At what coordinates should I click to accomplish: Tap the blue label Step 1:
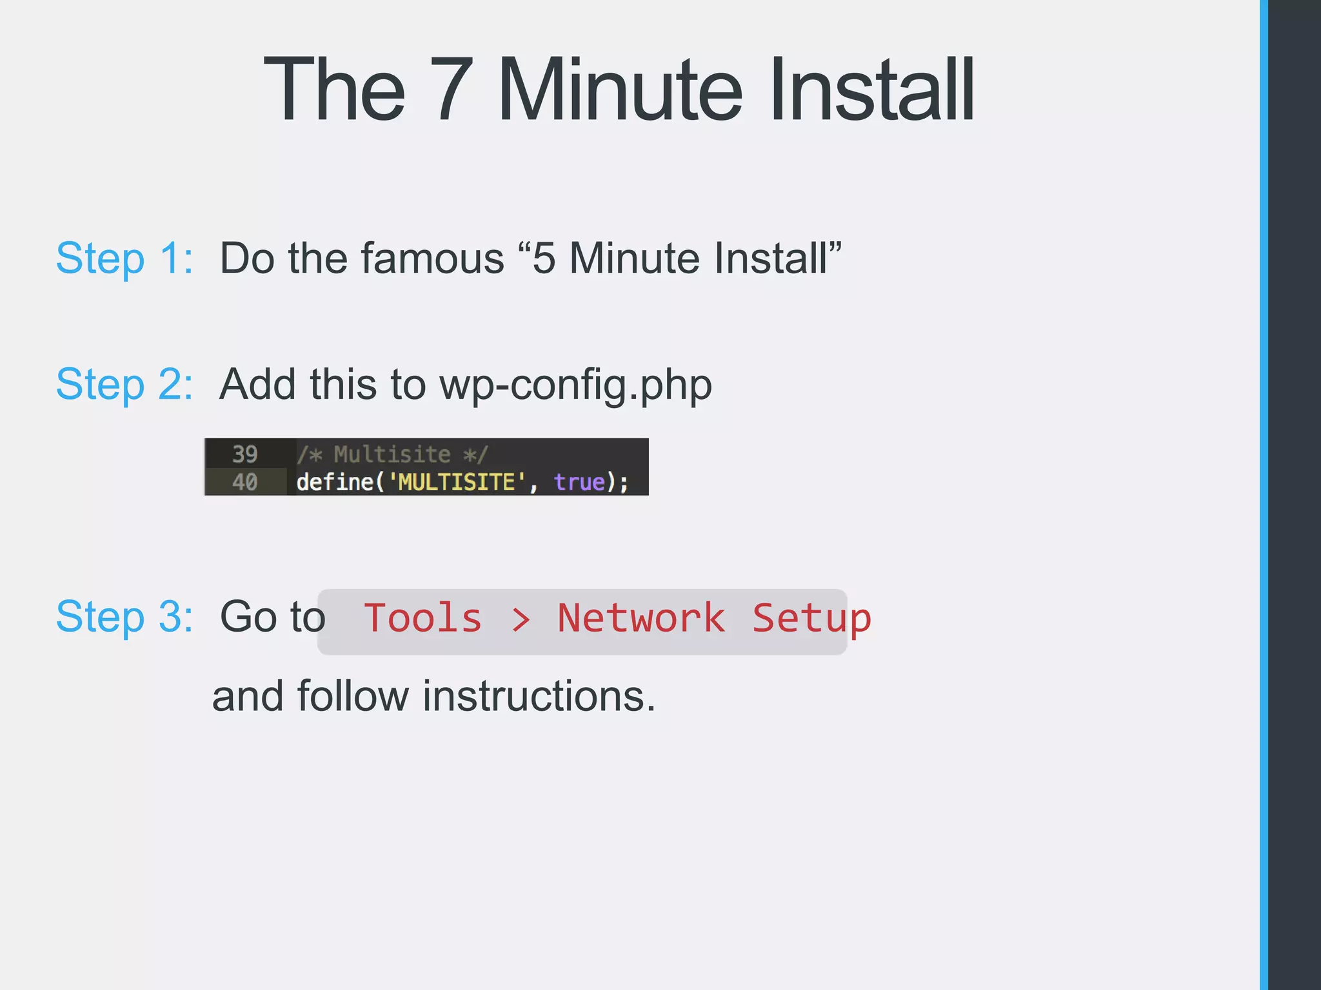point(124,258)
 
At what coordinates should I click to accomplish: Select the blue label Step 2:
point(124,384)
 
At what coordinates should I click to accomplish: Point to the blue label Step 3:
point(124,617)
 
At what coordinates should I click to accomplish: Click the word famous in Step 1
point(432,258)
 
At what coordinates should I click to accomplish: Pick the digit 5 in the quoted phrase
point(544,258)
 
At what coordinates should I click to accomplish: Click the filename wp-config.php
point(575,385)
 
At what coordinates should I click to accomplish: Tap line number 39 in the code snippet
point(244,454)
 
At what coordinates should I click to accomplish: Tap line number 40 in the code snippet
point(244,482)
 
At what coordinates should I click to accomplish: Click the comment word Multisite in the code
point(392,454)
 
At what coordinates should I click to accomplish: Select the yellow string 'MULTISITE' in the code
point(457,482)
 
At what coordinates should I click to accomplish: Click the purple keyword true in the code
point(579,482)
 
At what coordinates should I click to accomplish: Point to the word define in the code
point(334,482)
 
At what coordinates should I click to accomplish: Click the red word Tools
point(422,618)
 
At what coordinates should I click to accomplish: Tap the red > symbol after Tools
point(521,619)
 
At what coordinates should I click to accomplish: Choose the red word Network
point(641,618)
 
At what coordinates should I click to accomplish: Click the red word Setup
point(811,619)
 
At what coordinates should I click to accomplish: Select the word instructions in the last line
point(539,697)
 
